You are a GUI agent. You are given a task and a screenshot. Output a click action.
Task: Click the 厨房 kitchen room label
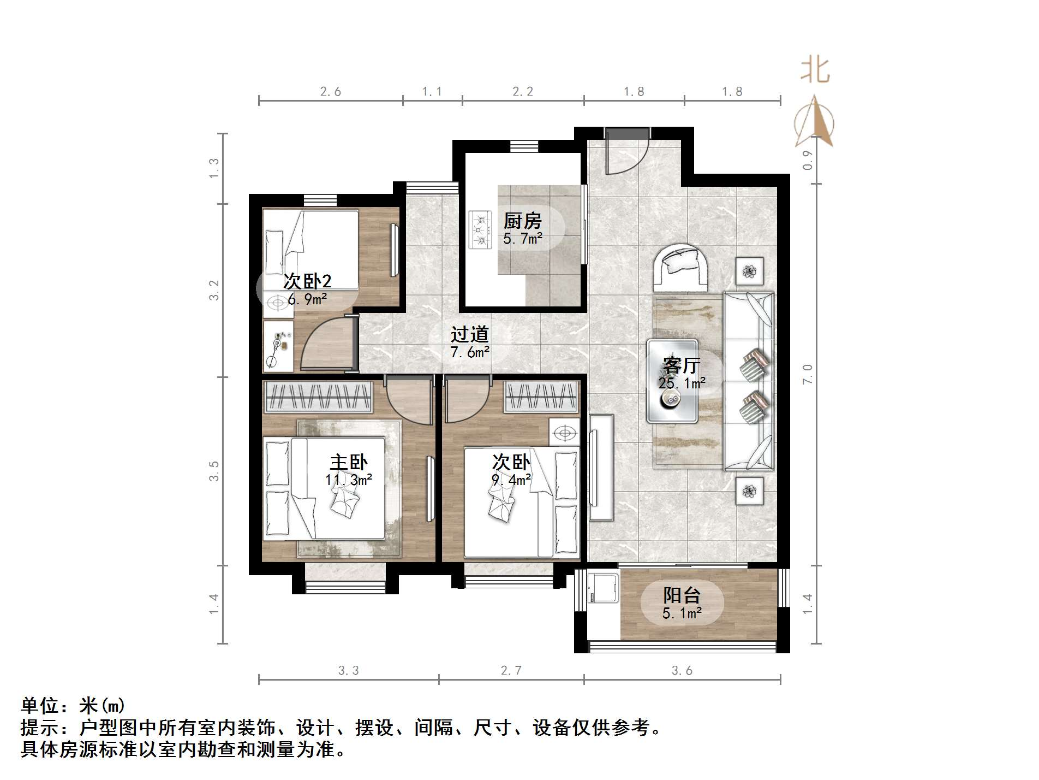point(522,221)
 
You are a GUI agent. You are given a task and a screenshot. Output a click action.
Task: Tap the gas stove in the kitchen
point(481,229)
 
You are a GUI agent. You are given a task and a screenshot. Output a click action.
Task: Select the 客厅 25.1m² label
point(682,373)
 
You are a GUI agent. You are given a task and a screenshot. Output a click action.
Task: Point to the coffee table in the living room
point(672,381)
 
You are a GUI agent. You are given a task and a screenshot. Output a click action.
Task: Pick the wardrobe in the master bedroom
point(318,397)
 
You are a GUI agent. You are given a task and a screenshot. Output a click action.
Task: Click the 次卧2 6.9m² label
point(307,289)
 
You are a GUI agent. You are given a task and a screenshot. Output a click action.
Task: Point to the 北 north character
point(815,70)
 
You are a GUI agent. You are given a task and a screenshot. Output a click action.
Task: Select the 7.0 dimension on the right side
point(808,374)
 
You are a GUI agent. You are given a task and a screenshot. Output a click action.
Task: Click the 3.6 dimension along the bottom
point(682,670)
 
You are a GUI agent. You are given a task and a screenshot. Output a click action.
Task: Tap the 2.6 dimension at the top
point(331,92)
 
